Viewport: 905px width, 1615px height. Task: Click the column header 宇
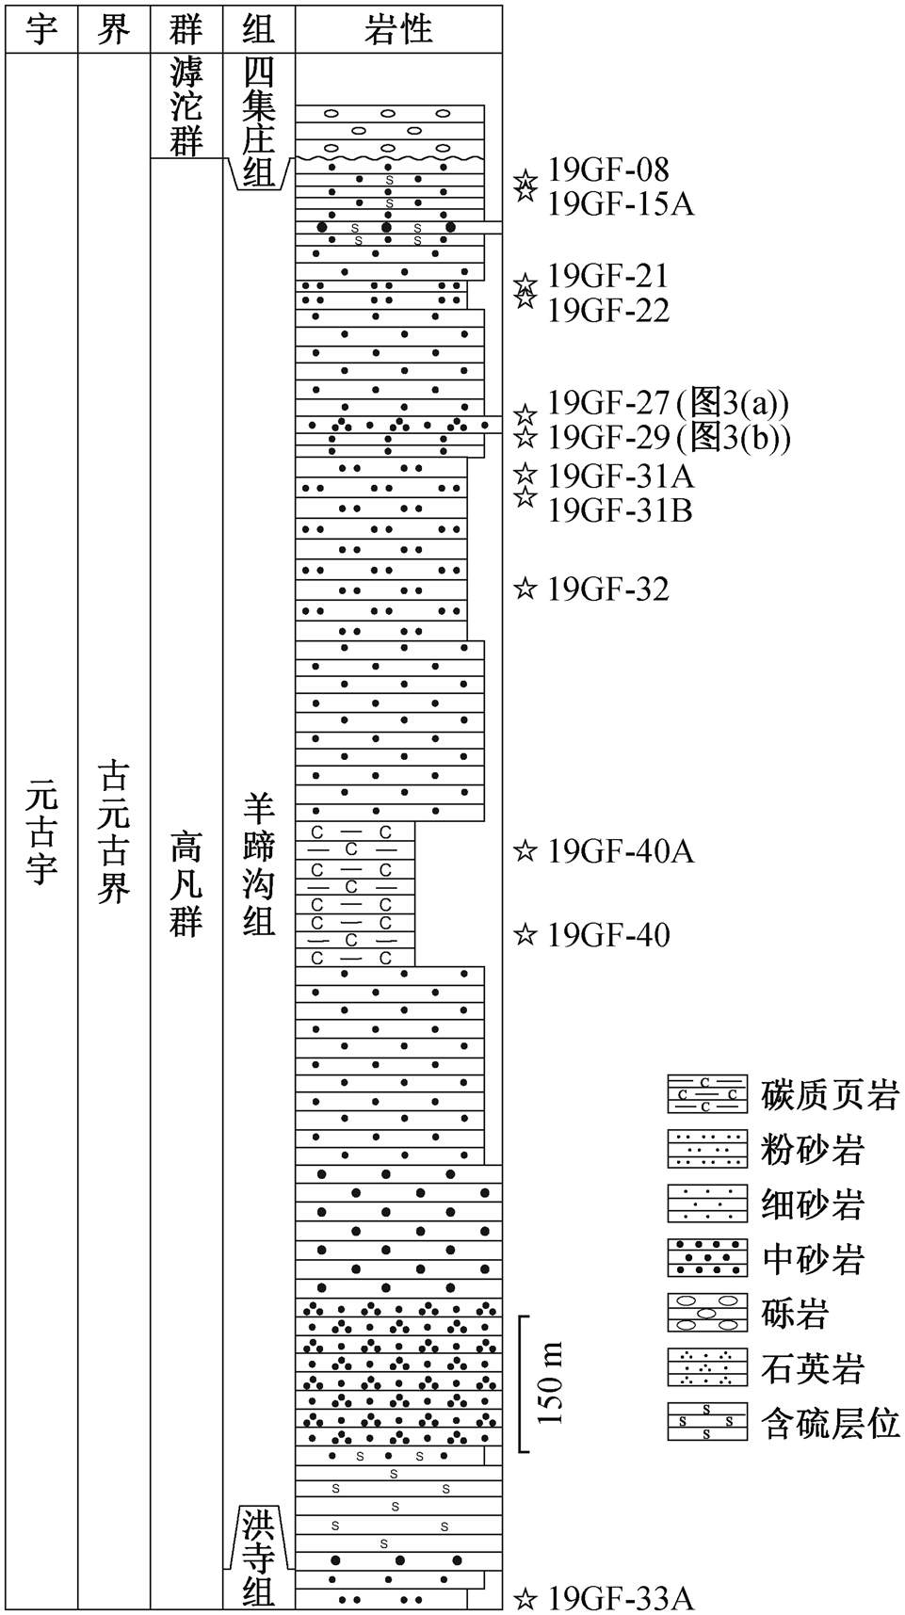coord(41,29)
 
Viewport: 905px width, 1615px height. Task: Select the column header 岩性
coord(398,29)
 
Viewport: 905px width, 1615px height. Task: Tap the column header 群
coord(186,29)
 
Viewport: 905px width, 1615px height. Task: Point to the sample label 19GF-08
coord(608,170)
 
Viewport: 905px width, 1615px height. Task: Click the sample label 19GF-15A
coord(621,203)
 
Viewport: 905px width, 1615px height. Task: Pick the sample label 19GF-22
coord(608,310)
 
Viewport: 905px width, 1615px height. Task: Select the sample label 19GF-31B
coord(621,509)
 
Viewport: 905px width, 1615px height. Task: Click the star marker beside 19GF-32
coord(525,589)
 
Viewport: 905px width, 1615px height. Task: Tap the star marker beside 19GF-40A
coord(525,851)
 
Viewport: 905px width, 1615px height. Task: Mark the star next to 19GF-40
coord(525,934)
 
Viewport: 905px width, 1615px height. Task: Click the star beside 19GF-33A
coord(525,1598)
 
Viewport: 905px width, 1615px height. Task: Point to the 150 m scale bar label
coord(551,1382)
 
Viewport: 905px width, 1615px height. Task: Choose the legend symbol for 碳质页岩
coord(707,1094)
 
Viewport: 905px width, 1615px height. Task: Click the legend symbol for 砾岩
coord(707,1313)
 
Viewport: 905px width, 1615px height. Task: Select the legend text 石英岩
coord(813,1368)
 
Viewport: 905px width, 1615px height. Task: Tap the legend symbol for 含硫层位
coord(707,1422)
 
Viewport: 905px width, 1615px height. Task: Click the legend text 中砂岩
coord(813,1259)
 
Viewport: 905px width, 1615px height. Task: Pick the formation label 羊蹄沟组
coord(259,864)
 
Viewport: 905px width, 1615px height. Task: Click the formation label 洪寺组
coord(259,1558)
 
